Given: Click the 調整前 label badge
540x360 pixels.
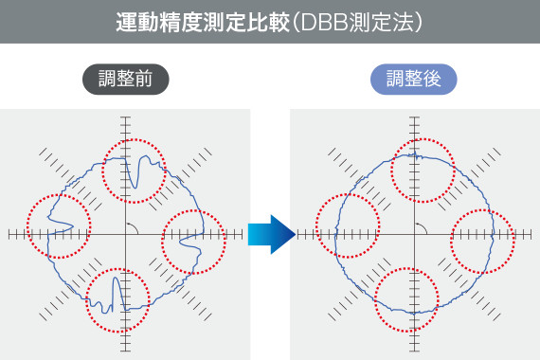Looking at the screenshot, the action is click(125, 80).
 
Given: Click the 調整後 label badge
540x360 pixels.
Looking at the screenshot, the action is click(414, 80).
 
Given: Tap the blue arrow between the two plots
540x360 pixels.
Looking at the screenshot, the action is click(271, 234).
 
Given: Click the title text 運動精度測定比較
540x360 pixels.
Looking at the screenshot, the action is click(203, 22).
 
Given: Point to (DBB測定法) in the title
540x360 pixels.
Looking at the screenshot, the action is click(355, 22).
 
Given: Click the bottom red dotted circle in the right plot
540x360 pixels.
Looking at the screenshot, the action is click(408, 298).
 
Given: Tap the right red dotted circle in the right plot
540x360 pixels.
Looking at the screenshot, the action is click(483, 243).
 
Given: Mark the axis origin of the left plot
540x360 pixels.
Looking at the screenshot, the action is click(125, 234).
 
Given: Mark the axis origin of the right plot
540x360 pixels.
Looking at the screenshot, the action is click(414, 234).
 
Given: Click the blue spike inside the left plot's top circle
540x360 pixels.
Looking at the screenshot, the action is click(139, 172).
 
